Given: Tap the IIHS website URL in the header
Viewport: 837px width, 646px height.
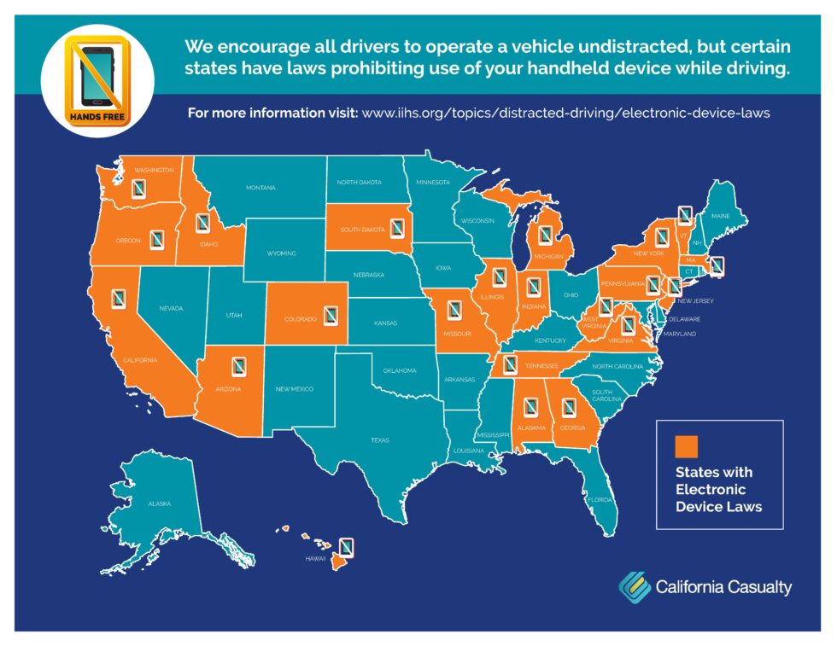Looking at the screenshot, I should click(x=566, y=113).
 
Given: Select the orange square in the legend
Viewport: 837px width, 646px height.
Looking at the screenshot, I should click(x=687, y=446).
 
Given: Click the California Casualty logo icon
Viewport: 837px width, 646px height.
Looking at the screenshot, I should click(x=634, y=585).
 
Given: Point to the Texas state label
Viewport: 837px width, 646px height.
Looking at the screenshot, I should click(x=380, y=440).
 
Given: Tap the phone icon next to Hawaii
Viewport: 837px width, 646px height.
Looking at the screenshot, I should click(x=347, y=546).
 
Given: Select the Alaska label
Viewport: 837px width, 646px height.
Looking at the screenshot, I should click(x=160, y=503).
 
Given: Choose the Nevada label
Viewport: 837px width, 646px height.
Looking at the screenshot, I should click(x=171, y=308).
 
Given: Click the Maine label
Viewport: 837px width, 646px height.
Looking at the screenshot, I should click(x=721, y=216).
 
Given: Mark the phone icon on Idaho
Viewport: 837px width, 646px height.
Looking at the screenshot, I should click(x=202, y=224).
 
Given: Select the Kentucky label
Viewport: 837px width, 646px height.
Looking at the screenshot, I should click(x=551, y=340).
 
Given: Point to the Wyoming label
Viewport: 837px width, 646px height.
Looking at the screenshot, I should click(x=281, y=253).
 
